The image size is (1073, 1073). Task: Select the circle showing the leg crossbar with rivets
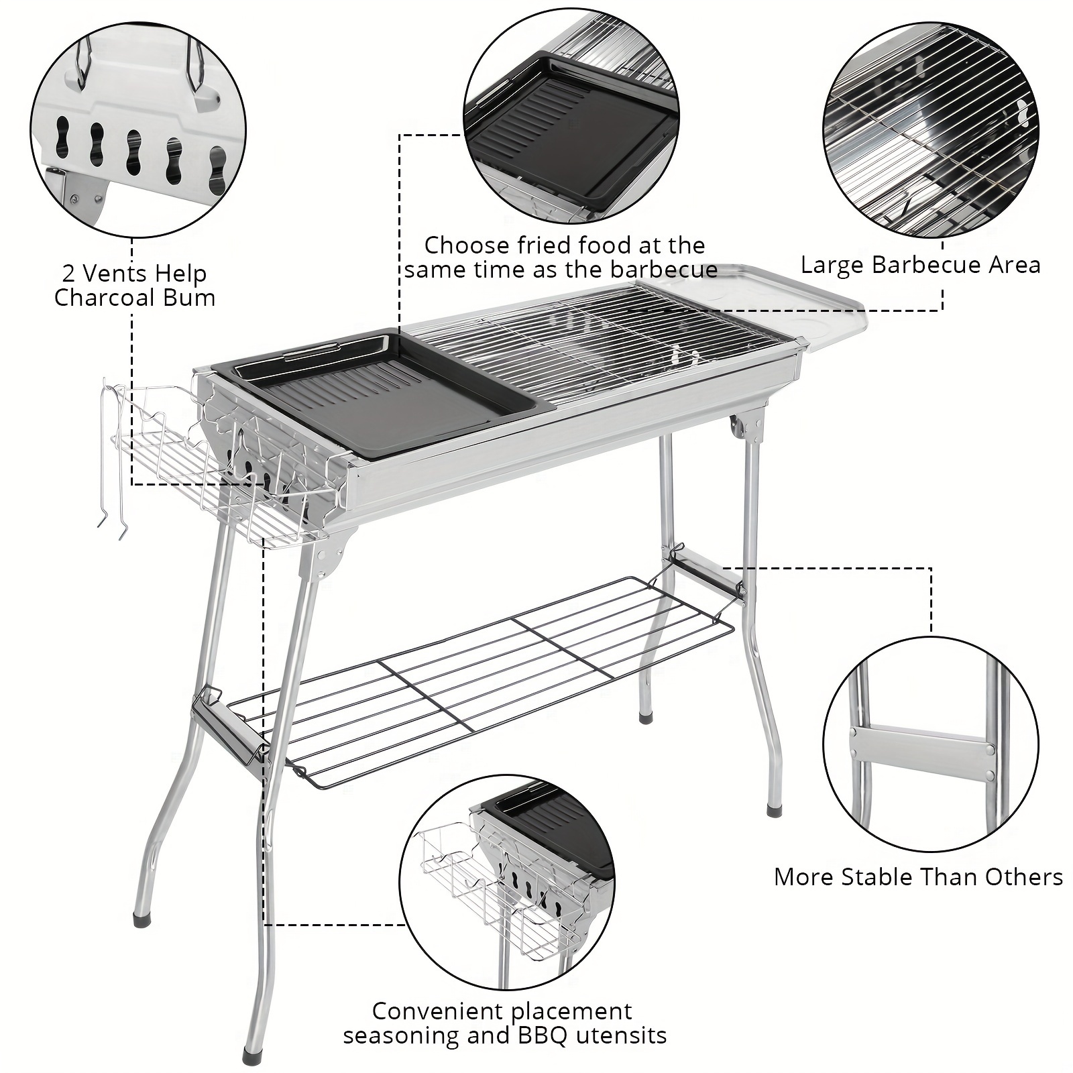click(x=930, y=744)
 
